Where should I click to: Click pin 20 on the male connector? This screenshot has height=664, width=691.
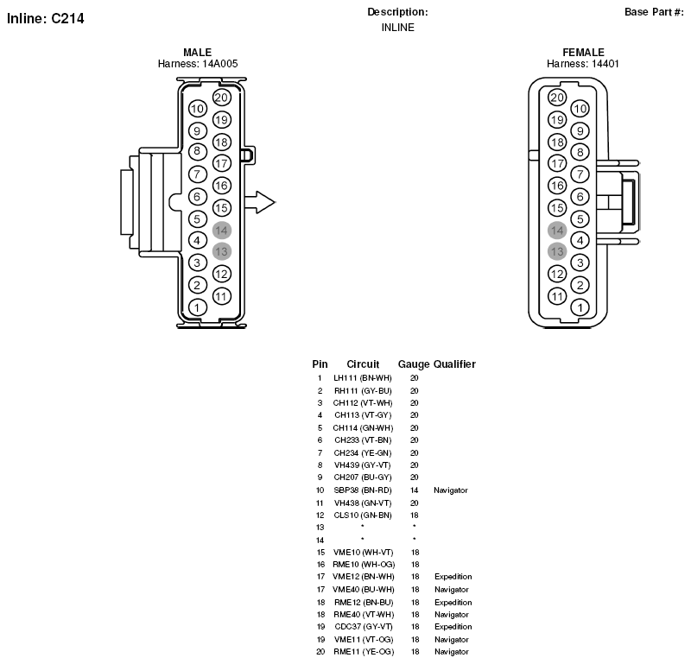point(222,98)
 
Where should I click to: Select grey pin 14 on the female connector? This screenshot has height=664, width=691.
point(557,230)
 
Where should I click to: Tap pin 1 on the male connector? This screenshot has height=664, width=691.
point(197,307)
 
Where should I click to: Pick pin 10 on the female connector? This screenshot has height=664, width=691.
point(580,109)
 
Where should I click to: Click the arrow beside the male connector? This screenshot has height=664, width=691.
point(260,203)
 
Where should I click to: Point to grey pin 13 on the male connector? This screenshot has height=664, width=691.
point(222,251)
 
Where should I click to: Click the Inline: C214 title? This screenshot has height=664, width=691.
point(46,18)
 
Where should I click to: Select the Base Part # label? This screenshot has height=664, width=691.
point(654,12)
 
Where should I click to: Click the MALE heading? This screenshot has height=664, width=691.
point(198,52)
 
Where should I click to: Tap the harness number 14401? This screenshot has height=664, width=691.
point(605,64)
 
